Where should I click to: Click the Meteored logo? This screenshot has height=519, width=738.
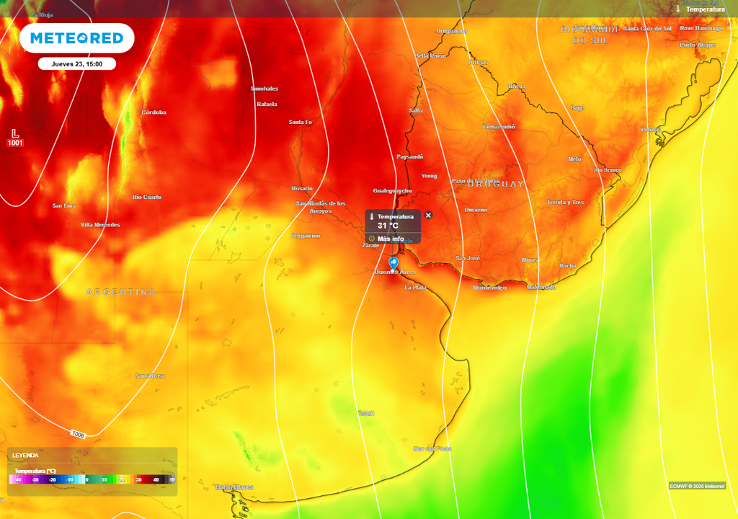point(76,38)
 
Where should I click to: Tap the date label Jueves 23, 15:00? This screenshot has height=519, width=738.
point(77,64)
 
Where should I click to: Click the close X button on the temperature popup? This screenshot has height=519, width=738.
point(428,216)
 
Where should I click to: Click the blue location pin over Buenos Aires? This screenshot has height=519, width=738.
point(394,264)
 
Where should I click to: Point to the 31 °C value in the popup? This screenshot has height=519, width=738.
point(388,226)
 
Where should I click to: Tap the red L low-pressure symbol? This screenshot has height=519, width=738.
point(15,133)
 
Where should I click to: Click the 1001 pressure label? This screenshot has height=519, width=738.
point(15,143)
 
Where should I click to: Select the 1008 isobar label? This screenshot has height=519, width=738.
point(79,435)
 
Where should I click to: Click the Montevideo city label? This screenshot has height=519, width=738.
point(489,288)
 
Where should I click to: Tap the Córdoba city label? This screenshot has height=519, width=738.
point(154,112)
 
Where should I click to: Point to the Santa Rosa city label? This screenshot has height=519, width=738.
point(150,376)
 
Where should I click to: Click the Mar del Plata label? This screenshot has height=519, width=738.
point(432,449)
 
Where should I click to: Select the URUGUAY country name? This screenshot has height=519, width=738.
point(497,185)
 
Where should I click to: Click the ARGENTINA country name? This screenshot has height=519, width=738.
point(121,292)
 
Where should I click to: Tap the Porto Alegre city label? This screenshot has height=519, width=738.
point(698,45)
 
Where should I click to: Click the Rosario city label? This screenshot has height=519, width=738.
point(302,188)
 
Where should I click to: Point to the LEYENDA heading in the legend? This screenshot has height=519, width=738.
point(25,456)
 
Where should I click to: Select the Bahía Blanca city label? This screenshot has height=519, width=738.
point(235,487)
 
